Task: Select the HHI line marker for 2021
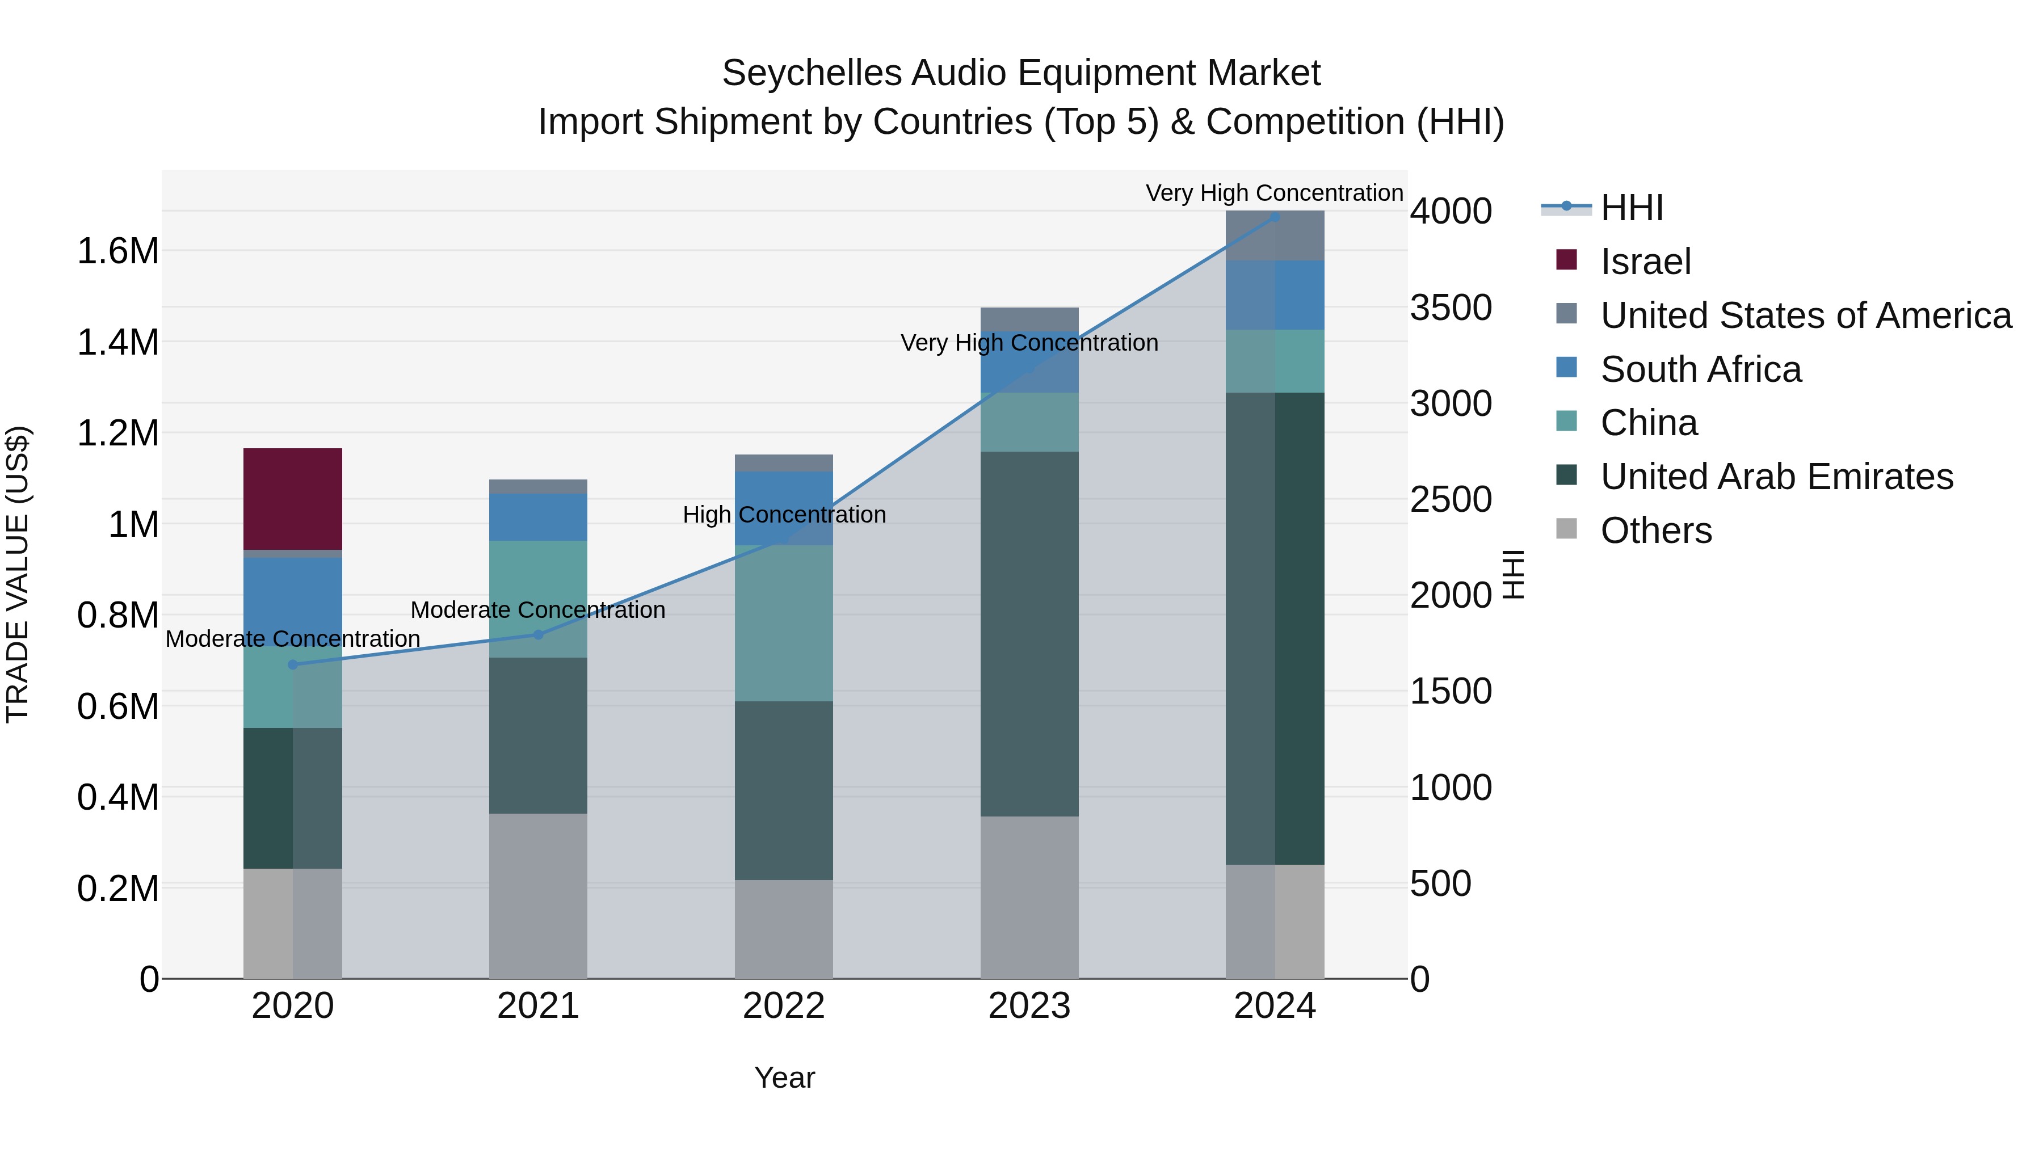pyautogui.click(x=538, y=634)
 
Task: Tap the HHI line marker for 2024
pyautogui.click(x=1275, y=217)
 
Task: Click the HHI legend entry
pyautogui.click(x=1630, y=208)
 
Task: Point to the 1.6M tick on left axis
pyautogui.click(x=117, y=251)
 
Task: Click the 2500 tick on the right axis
pyautogui.click(x=1451, y=499)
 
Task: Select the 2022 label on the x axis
pyautogui.click(x=784, y=1006)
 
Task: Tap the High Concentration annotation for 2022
pyautogui.click(x=784, y=515)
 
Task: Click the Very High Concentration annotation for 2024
pyautogui.click(x=1273, y=193)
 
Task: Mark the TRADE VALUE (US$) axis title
pyautogui.click(x=18, y=574)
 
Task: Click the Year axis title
pyautogui.click(x=784, y=1078)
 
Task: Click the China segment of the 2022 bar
pyautogui.click(x=784, y=622)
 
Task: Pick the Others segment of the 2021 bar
pyautogui.click(x=538, y=895)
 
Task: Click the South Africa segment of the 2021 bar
pyautogui.click(x=538, y=517)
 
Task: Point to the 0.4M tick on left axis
pyautogui.click(x=117, y=797)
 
